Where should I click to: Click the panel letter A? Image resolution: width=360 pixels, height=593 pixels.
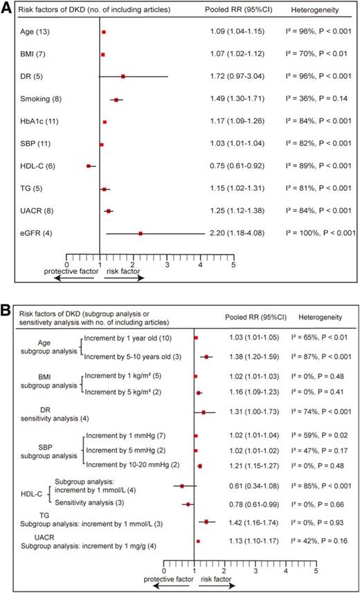pyautogui.click(x=7, y=8)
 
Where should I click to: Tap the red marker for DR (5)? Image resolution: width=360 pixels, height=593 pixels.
pyautogui.click(x=124, y=77)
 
